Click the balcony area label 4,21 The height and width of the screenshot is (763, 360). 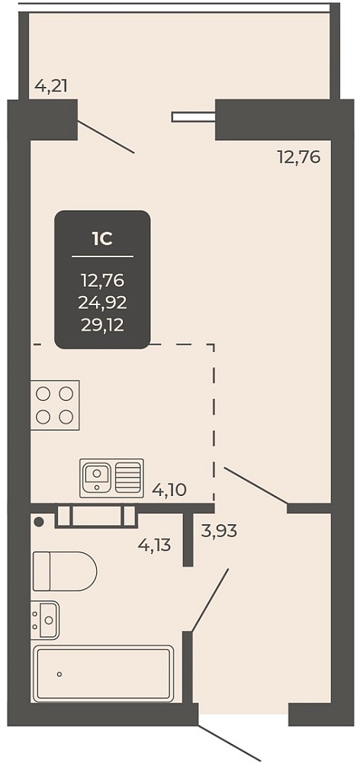tap(50, 86)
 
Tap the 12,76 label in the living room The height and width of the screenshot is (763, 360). tap(299, 158)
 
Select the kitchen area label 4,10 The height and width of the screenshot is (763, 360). tap(169, 488)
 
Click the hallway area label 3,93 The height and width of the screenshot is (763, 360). tap(219, 531)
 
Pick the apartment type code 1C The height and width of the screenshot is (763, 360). tap(102, 238)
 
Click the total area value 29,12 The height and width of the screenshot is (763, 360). tap(103, 324)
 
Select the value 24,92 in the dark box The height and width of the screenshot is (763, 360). tap(103, 303)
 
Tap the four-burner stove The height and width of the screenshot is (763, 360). tap(55, 405)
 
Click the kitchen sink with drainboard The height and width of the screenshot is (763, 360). tap(112, 478)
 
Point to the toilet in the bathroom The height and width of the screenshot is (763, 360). tap(64, 571)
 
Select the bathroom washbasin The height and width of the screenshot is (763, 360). tap(45, 620)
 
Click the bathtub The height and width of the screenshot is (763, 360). tap(103, 674)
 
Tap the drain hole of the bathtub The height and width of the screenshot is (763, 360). tap(59, 674)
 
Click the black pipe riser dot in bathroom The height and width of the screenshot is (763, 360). tap(39, 522)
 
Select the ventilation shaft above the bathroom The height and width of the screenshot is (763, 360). tap(96, 516)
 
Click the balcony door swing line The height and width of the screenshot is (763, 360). tap(106, 137)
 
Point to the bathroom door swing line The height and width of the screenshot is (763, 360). tap(210, 600)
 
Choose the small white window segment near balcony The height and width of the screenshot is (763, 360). tap(193, 117)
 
